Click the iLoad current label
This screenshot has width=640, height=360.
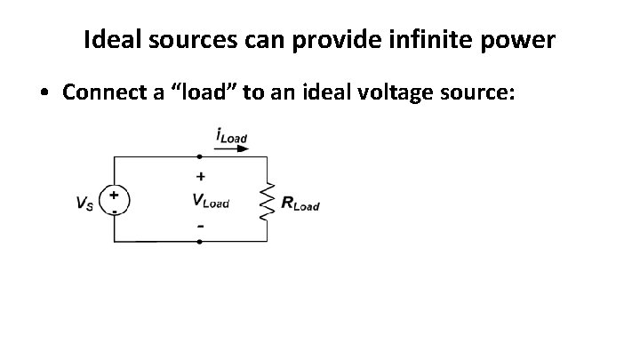[231, 137]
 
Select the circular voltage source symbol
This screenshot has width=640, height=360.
[116, 200]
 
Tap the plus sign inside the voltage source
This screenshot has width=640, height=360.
[116, 193]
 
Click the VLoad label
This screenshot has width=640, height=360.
[211, 201]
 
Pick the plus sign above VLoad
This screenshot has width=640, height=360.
[200, 176]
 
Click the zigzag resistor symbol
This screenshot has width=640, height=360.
[266, 201]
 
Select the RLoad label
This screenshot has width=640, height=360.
[300, 204]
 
